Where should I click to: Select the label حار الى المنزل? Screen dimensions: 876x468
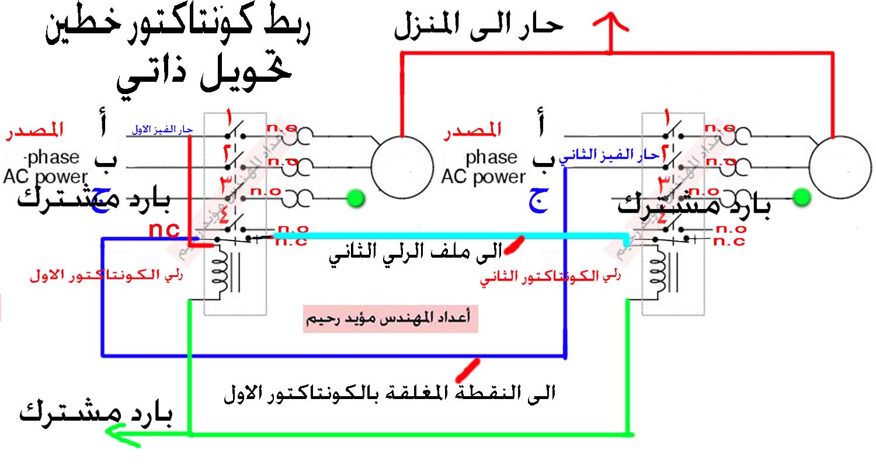(x=479, y=26)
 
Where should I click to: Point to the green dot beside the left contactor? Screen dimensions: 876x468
(x=354, y=199)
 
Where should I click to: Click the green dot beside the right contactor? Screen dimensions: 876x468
(x=802, y=197)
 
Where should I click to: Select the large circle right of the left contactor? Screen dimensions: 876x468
(x=403, y=165)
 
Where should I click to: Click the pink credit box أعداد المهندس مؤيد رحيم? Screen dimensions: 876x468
(x=390, y=319)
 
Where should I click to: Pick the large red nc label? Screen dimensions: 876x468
(x=164, y=230)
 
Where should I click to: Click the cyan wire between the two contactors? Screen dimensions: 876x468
(x=444, y=235)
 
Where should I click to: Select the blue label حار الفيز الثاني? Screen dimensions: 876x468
(x=609, y=155)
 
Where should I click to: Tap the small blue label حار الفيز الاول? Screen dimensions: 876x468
(x=159, y=129)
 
